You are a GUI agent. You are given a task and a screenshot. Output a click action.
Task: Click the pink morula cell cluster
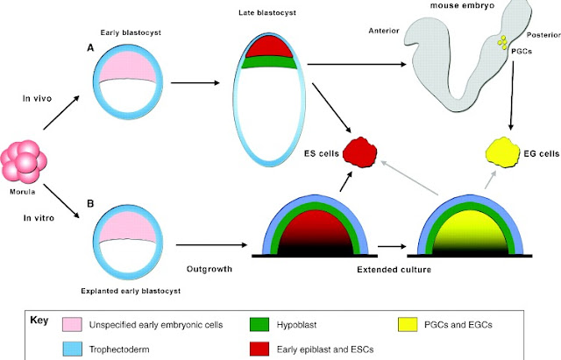(x=24, y=162)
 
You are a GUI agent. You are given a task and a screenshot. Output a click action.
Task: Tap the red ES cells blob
(x=360, y=152)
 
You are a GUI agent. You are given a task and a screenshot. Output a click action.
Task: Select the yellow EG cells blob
(x=502, y=152)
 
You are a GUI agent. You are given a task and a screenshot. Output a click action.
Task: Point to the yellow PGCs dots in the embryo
(x=502, y=42)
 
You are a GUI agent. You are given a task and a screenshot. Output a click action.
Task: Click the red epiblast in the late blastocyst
(x=269, y=47)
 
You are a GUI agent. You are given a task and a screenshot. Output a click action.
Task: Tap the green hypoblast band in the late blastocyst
(x=269, y=62)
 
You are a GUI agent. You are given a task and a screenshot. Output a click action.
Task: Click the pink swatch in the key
(x=72, y=324)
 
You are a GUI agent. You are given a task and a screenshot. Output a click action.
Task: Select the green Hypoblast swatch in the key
(x=259, y=324)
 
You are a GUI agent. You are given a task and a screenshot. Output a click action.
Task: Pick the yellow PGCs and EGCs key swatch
(x=408, y=324)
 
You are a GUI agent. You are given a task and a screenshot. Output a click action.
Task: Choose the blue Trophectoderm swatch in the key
(x=72, y=349)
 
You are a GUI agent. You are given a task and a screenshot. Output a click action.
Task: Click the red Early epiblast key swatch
(x=259, y=349)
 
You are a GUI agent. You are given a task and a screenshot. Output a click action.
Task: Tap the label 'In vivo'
(x=37, y=98)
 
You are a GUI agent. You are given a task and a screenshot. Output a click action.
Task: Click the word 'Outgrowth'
(x=209, y=269)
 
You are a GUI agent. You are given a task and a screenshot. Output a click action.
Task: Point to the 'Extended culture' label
(x=394, y=269)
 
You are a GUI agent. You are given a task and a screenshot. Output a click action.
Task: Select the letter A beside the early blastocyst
(x=90, y=47)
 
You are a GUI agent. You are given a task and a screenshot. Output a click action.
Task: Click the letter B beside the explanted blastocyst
(x=90, y=203)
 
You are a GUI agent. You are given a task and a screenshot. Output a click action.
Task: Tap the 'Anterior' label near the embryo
(x=384, y=31)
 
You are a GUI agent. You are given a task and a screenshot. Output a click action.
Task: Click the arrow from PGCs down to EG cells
(x=512, y=95)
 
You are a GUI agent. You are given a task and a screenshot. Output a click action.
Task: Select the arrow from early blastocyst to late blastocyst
(x=195, y=83)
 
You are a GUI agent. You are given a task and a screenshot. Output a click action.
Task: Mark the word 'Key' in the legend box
(x=39, y=321)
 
